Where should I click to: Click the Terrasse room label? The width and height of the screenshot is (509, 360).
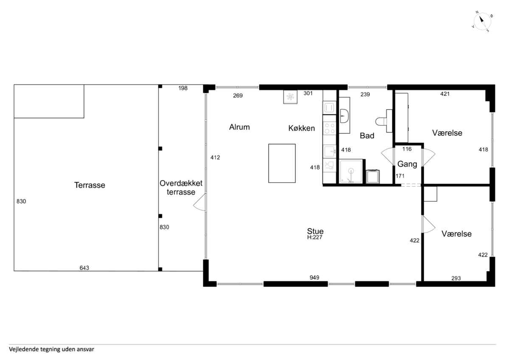click(90, 185)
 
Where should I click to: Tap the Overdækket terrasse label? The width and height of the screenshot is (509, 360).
click(181, 188)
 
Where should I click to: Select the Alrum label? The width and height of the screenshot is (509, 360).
click(240, 127)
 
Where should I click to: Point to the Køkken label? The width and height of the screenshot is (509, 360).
click(302, 128)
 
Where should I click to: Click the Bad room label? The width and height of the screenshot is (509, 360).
click(367, 136)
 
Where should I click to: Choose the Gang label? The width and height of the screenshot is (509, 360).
click(407, 164)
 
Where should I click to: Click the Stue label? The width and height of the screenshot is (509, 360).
click(315, 231)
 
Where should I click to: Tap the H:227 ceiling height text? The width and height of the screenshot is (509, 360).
click(315, 237)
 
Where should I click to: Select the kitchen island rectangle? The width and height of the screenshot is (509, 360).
click(282, 163)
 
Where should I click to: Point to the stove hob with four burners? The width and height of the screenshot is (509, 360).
click(329, 128)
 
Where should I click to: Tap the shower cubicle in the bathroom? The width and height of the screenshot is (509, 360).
click(351, 171)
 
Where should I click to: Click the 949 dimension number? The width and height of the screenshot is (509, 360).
click(314, 278)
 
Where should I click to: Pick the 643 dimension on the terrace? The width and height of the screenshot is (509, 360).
click(84, 268)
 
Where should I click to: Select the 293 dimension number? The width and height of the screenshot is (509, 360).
click(456, 278)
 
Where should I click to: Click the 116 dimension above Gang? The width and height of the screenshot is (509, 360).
click(407, 149)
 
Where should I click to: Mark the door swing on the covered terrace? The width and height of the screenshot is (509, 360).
click(199, 202)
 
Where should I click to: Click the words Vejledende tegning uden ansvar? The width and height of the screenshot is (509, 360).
click(52, 349)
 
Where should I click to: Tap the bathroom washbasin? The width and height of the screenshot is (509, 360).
click(344, 116)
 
